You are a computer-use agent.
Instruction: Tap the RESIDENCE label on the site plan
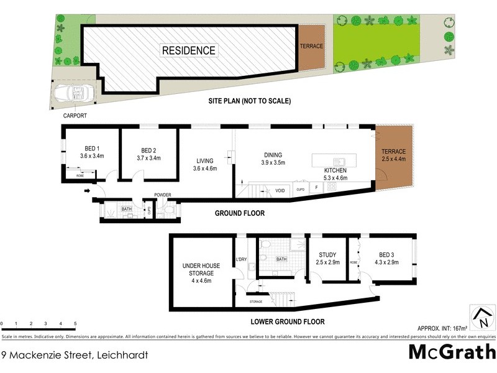pos(188,50)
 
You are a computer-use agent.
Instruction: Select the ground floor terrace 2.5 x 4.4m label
pos(393,155)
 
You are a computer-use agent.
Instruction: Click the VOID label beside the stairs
pos(280,190)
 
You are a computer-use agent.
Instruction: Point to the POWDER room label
pos(163,195)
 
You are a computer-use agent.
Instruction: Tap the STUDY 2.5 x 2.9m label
pos(327,258)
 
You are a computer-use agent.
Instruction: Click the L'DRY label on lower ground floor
pos(242,259)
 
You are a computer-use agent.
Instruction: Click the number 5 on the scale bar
pos(75,324)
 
